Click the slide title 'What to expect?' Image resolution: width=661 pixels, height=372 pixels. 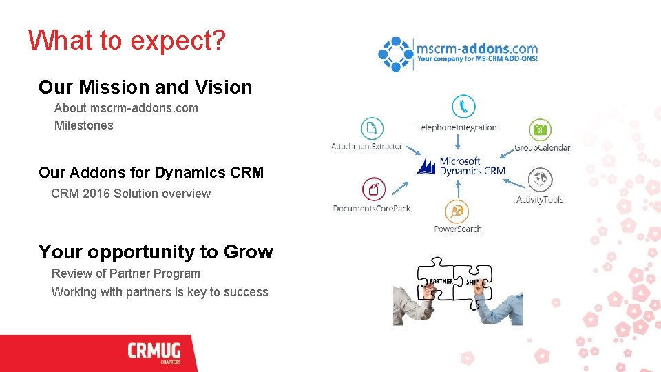coord(127,41)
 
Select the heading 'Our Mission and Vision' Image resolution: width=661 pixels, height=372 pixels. coord(145,87)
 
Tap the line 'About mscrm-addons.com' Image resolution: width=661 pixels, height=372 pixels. coord(126,108)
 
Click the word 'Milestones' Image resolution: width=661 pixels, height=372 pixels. coord(83,125)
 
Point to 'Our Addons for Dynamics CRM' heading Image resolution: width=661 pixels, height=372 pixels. coord(151,172)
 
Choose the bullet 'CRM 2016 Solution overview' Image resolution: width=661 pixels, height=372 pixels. coord(131,194)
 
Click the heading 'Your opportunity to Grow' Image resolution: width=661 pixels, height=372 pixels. coord(156,252)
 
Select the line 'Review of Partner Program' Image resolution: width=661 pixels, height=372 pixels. coord(126,273)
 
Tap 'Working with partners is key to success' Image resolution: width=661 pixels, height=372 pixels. coord(160,292)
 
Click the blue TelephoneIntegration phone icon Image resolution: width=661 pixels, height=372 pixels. coord(463,107)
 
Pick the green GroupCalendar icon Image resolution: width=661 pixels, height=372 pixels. coord(540,129)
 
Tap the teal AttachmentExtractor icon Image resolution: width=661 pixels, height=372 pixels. coord(372,128)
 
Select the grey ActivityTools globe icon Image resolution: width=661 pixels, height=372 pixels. coord(540,180)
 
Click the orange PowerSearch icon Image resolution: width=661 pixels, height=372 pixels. coord(457,211)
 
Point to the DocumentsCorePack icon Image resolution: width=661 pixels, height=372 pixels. coord(374,189)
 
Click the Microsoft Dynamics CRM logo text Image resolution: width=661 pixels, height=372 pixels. coord(471,166)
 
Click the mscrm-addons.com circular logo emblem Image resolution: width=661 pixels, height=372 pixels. coord(395,54)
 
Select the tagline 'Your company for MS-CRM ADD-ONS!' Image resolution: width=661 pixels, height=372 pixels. coord(476,59)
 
